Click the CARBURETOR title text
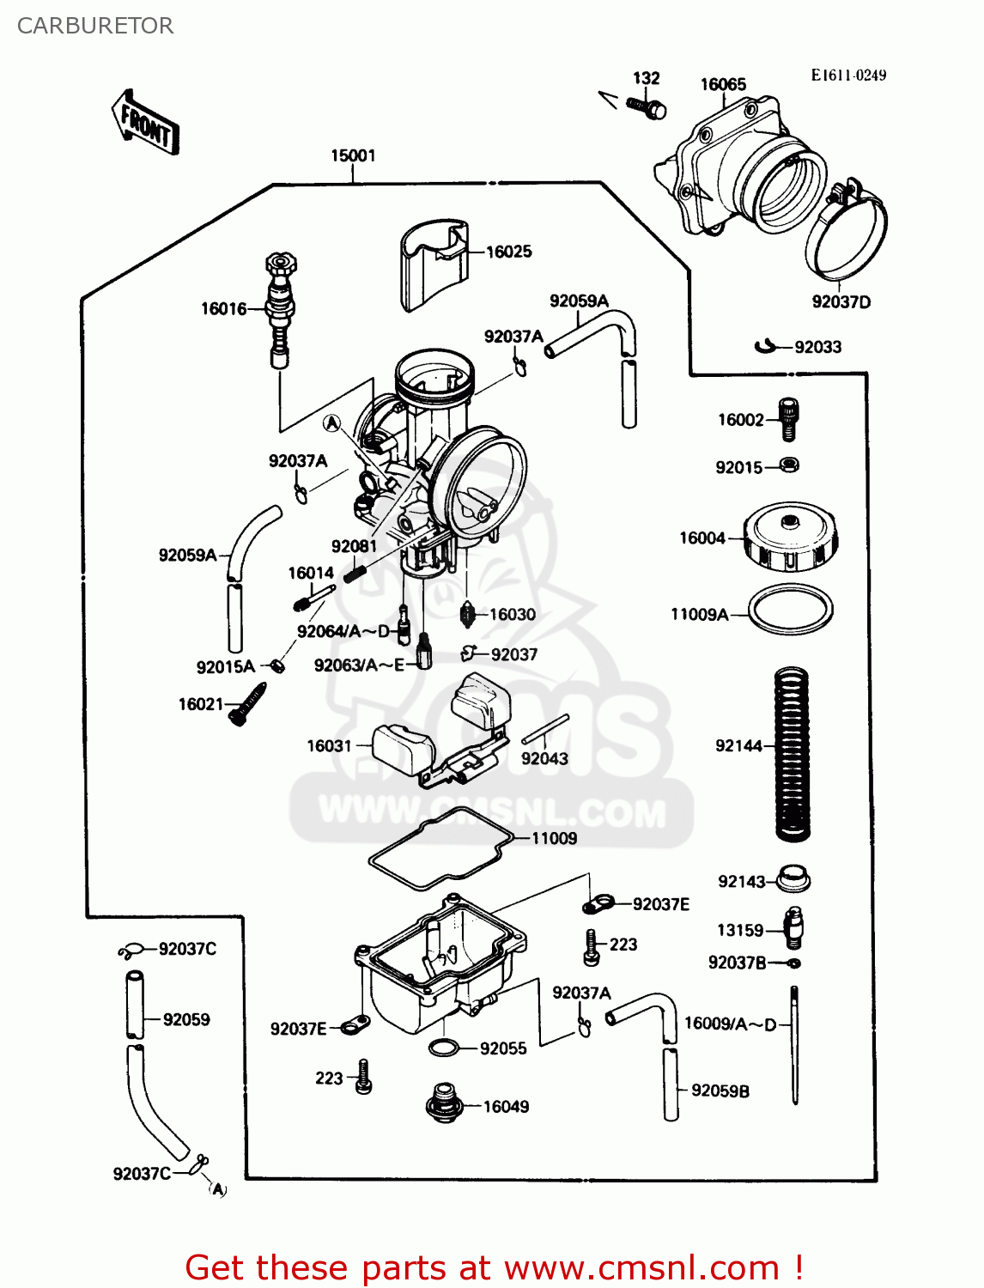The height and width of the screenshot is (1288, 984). [94, 26]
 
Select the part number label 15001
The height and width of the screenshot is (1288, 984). [353, 155]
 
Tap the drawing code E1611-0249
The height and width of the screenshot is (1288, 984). [847, 75]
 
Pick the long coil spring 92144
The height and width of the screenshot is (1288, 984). [792, 754]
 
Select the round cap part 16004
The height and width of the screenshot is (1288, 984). [790, 538]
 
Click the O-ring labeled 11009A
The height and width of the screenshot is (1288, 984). [790, 611]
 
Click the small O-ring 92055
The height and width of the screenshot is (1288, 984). [444, 1048]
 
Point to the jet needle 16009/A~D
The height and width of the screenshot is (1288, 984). [795, 1044]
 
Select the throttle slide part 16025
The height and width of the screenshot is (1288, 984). [434, 264]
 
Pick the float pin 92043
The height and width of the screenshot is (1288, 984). [545, 730]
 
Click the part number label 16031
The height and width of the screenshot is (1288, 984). [330, 745]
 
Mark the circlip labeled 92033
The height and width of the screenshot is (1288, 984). [765, 346]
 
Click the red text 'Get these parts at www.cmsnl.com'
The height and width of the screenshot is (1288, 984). [494, 1267]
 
